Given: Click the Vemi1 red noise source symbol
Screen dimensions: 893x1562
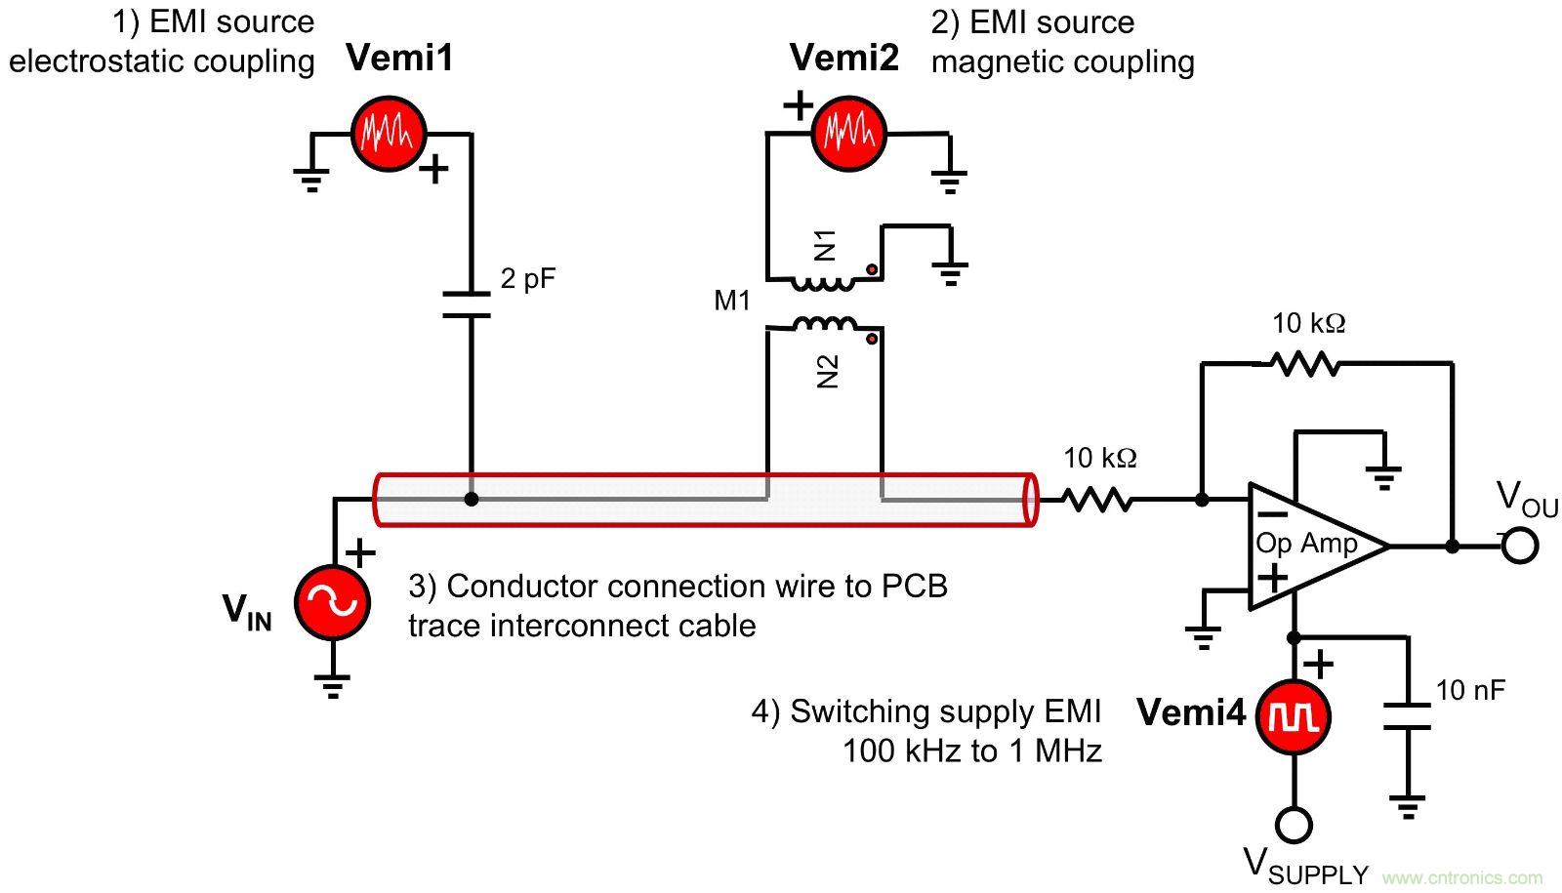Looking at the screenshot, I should [x=389, y=134].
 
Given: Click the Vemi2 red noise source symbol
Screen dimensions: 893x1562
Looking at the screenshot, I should [x=847, y=134].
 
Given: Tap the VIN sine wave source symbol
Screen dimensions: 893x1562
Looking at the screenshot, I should [x=333, y=603].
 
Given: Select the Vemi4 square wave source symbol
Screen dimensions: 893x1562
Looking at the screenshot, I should [x=1294, y=717].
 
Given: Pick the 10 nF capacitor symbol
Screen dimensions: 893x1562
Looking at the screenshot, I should [x=1407, y=716].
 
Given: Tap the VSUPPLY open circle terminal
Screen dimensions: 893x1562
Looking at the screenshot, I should [x=1294, y=826].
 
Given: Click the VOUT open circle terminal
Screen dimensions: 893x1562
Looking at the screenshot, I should [x=1519, y=546].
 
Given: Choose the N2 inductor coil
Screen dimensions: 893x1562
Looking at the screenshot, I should [x=825, y=324].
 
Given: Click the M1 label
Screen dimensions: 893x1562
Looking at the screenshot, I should [x=732, y=301].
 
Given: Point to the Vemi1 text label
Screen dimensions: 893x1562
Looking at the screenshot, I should [x=400, y=59].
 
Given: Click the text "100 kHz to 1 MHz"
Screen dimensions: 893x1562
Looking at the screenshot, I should [x=972, y=751].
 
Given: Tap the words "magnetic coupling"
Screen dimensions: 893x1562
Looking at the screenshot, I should [x=1062, y=62].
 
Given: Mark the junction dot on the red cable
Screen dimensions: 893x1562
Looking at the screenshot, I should [x=472, y=499].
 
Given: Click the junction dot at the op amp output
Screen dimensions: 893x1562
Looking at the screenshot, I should [x=1452, y=547].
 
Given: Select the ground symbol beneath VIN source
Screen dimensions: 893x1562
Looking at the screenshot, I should [x=333, y=687].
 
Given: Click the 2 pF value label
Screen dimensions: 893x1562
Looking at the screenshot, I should [x=528, y=279].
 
